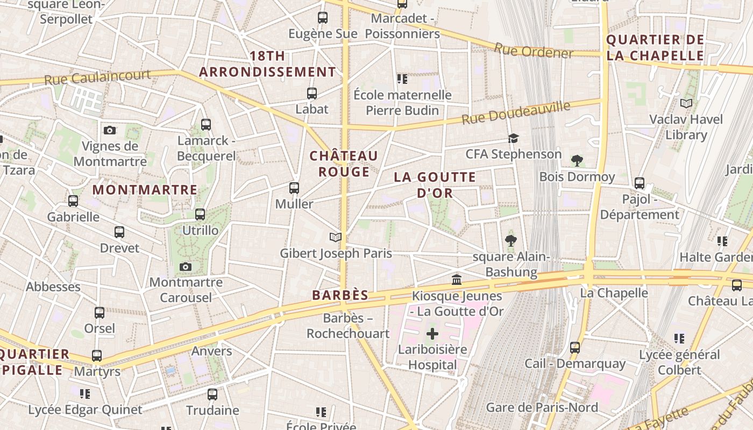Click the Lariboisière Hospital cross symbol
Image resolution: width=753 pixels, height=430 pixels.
[432, 334]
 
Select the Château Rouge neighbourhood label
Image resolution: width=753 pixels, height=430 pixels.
[344, 163]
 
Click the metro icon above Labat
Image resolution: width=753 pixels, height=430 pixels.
[311, 94]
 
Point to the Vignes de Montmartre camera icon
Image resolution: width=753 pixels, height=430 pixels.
[110, 130]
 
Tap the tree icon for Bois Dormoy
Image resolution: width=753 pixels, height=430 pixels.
[577, 160]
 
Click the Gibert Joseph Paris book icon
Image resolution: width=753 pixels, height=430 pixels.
[336, 237]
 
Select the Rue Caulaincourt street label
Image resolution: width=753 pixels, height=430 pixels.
[97, 77]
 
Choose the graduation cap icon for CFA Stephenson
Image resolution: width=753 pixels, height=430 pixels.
[513, 138]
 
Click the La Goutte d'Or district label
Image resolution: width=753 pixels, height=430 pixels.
[435, 184]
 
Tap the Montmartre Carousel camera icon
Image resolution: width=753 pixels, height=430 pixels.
[186, 267]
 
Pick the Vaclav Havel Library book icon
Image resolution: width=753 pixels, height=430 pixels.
[686, 103]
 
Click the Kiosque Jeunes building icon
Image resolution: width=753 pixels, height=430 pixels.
[457, 279]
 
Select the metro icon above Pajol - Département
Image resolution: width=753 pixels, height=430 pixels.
[640, 183]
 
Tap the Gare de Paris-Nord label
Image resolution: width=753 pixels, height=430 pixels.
[542, 407]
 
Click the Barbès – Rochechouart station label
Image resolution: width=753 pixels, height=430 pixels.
[348, 326]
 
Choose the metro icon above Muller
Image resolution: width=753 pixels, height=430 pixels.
[294, 188]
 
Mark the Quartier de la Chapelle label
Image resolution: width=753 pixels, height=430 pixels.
[655, 47]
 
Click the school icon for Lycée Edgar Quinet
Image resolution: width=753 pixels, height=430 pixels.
[84, 394]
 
